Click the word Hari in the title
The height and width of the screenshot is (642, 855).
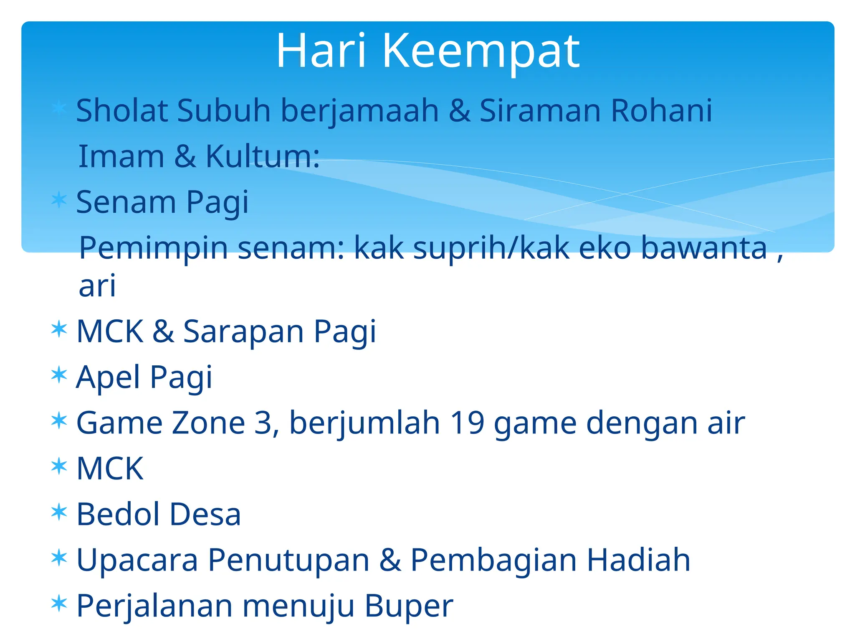point(321,51)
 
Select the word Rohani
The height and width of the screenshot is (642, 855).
point(662,111)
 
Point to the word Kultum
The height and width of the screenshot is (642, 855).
point(263,156)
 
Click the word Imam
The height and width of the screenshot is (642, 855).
point(121,156)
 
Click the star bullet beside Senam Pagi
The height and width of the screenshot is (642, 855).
point(59,199)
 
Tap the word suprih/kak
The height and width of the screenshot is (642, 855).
point(491,248)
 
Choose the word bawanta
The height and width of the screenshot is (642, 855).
point(704,248)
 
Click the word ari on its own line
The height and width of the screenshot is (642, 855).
point(97,286)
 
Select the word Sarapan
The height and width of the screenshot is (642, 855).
point(243,332)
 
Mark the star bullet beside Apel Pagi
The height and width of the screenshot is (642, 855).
point(59,375)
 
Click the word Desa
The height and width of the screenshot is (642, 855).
point(205,514)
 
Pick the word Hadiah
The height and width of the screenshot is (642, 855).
point(638,560)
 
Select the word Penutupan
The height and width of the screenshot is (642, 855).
point(288,560)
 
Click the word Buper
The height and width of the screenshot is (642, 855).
point(409,606)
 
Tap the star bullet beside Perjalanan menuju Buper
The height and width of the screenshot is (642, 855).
point(59,604)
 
